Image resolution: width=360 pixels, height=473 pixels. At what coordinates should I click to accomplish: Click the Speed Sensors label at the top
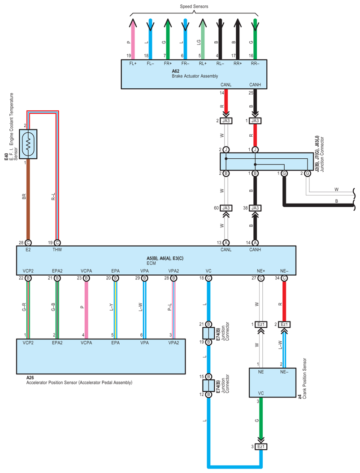[194, 6]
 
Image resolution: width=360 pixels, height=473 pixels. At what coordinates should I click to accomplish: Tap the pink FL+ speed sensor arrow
[133, 39]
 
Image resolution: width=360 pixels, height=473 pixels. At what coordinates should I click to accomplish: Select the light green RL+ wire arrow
[203, 39]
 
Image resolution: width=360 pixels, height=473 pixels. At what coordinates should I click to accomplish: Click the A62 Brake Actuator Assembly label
[195, 74]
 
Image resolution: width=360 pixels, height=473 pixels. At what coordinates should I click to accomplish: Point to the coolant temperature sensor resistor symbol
[28, 144]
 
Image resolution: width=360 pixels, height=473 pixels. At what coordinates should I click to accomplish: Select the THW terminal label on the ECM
[57, 250]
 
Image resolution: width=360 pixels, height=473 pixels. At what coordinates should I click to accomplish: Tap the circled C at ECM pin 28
[28, 243]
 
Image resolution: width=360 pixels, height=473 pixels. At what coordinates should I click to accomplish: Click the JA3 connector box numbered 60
[226, 208]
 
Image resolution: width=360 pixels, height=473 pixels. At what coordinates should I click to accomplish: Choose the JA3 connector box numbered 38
[255, 208]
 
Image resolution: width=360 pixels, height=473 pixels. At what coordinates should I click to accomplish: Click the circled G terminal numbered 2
[308, 174]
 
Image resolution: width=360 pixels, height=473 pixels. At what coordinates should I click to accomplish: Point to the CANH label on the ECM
[255, 250]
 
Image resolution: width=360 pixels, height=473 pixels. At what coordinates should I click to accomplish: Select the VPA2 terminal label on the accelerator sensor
[173, 343]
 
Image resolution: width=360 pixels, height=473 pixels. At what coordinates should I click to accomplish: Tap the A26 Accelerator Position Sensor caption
[79, 380]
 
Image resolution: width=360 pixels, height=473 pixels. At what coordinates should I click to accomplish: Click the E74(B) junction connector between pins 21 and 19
[208, 333]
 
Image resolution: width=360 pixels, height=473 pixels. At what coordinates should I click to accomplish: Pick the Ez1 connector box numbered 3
[261, 447]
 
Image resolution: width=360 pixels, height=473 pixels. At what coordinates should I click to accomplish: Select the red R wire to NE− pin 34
[284, 301]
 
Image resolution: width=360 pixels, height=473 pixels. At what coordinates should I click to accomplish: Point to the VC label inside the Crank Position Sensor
[261, 393]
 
